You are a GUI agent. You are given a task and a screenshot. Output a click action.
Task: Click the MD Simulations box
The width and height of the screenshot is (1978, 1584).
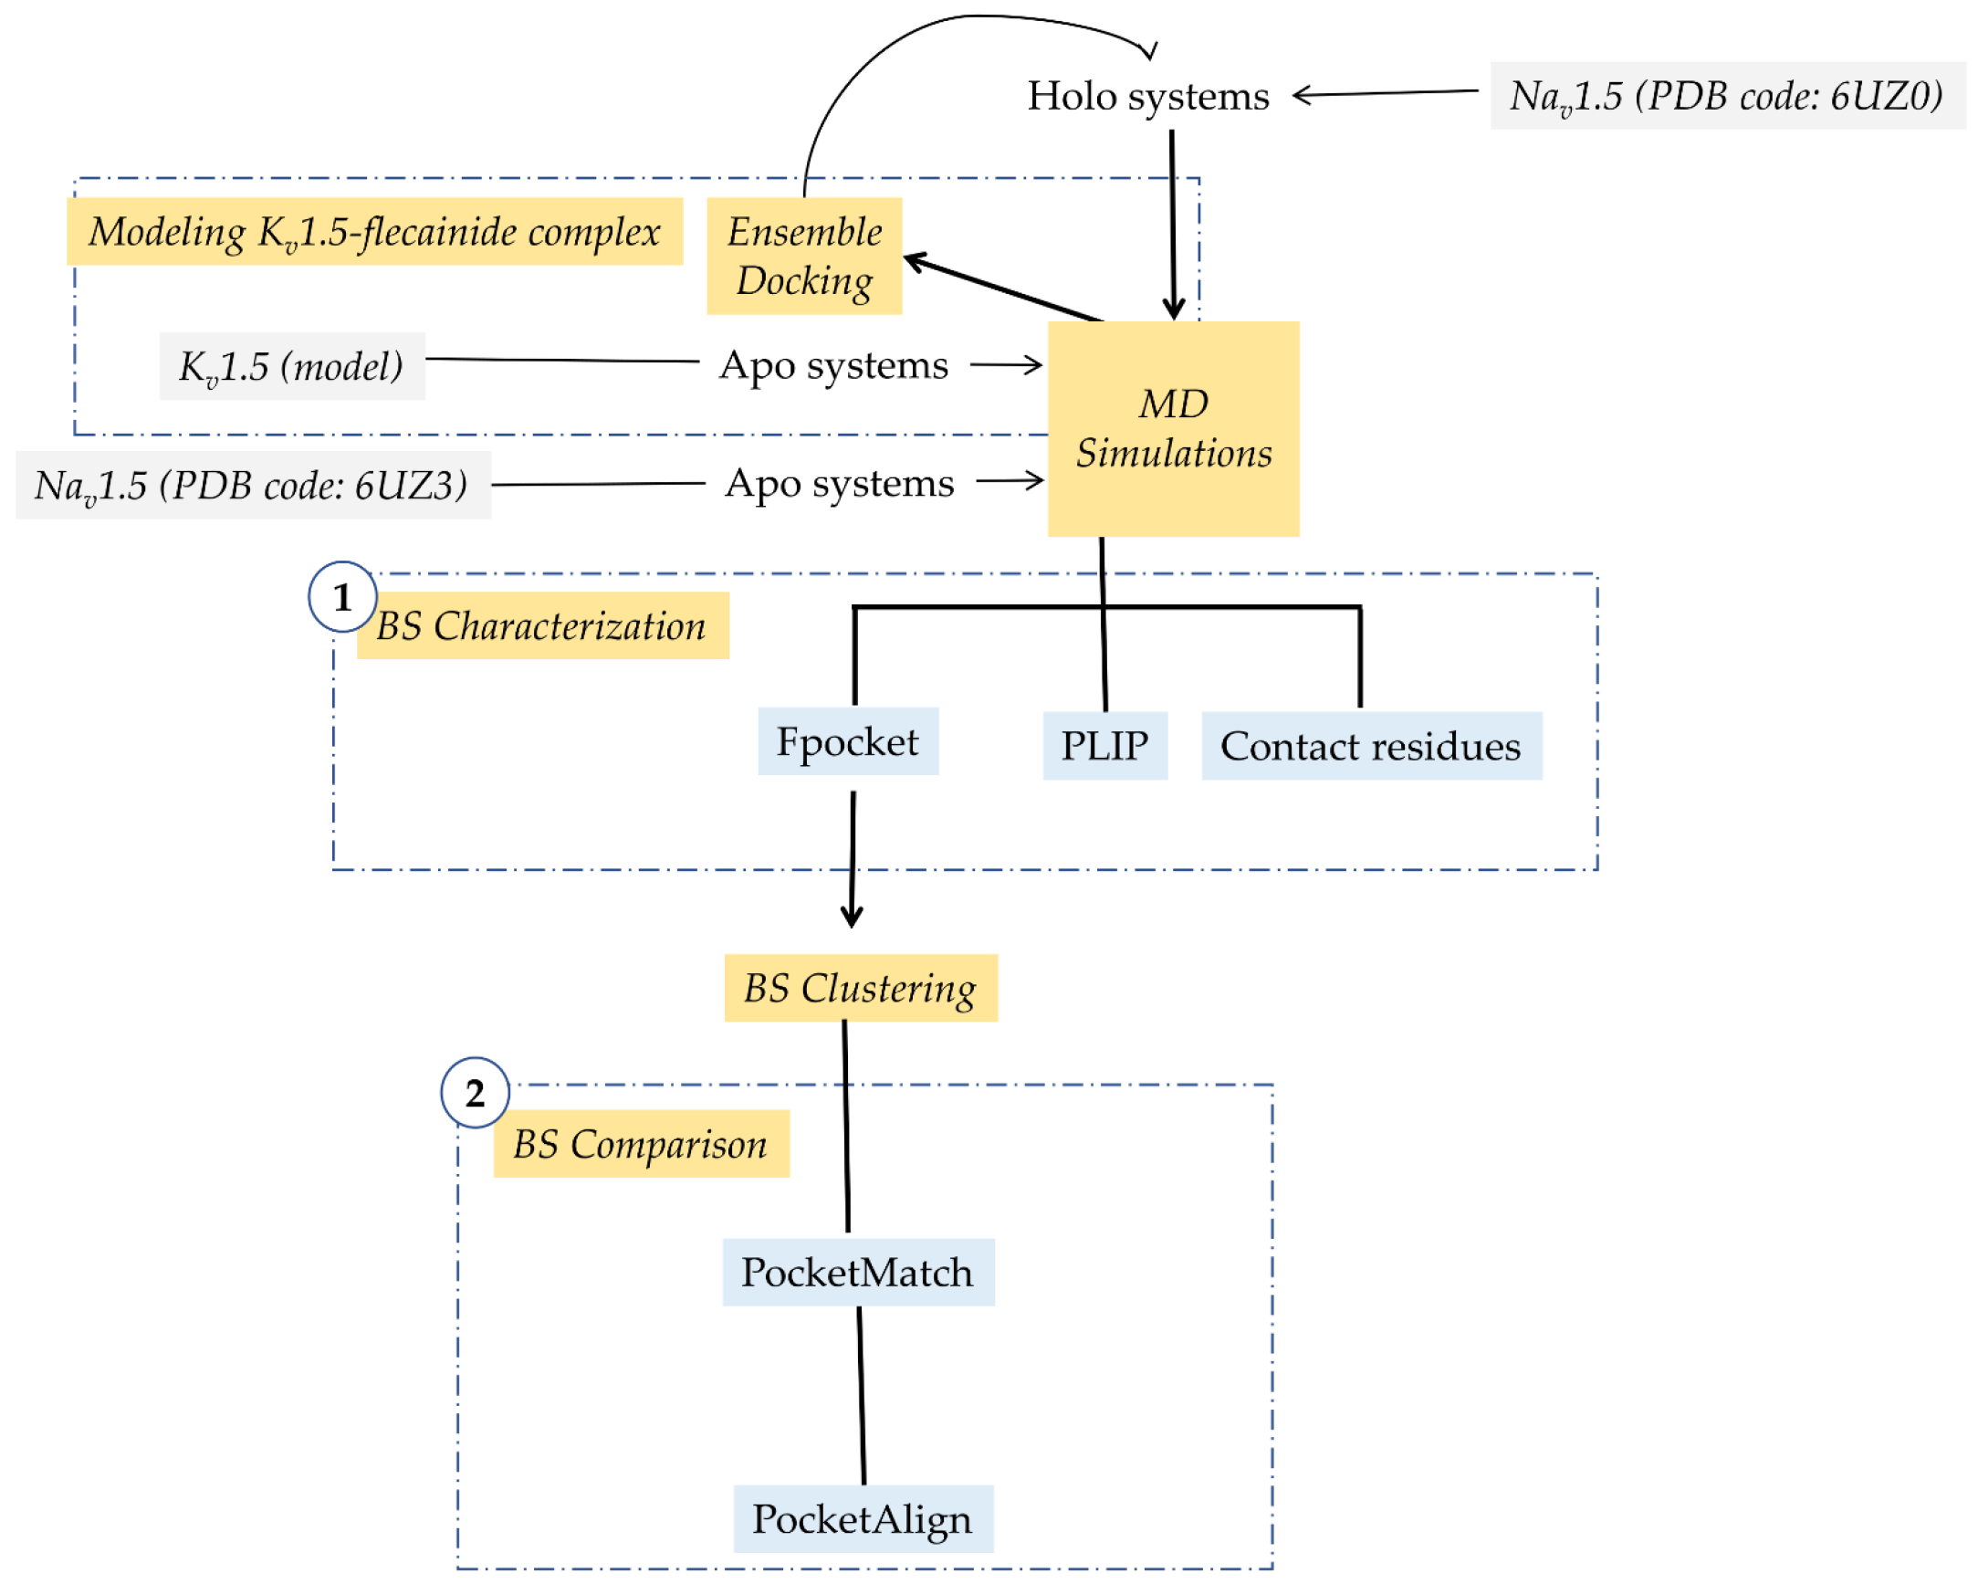1174,428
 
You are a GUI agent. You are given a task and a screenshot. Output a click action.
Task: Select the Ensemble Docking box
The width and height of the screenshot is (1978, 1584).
803,256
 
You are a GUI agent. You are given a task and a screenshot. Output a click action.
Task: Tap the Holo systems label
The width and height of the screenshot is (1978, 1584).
1147,97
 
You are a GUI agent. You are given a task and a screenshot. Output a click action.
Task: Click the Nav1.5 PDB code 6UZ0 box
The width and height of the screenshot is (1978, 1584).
1727,97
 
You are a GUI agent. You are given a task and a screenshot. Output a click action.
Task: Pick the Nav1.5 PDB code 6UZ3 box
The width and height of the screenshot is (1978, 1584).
252,485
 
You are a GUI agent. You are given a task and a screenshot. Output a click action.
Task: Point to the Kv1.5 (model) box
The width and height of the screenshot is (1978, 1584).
292,366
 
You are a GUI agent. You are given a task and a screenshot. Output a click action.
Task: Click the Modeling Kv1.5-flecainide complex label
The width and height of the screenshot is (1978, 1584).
374,231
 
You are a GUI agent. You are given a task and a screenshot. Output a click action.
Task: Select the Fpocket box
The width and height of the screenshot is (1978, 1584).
847,741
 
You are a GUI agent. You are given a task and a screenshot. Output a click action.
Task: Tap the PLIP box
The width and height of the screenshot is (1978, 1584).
1104,745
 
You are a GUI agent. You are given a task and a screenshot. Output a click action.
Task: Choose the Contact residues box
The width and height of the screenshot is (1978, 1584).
1371,746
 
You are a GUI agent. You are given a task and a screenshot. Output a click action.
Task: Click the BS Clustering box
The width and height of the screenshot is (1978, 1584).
860,988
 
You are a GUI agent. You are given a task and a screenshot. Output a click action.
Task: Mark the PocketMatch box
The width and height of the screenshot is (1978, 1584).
857,1272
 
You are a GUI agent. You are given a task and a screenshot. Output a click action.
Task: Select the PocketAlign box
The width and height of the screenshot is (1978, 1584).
863,1519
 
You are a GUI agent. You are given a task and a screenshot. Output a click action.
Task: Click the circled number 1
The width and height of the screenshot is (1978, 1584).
342,596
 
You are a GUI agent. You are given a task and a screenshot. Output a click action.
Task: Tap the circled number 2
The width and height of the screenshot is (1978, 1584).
476,1092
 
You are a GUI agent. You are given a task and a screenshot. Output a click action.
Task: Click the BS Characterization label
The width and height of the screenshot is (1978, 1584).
542,625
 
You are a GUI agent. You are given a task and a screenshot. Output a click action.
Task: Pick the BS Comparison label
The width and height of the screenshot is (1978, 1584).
641,1143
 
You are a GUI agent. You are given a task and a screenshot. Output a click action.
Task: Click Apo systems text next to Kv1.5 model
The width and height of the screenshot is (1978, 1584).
833,365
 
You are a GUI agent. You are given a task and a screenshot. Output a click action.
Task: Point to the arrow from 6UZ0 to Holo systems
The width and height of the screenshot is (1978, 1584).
1386,93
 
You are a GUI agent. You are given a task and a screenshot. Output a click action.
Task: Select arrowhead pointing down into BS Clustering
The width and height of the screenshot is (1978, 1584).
852,917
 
